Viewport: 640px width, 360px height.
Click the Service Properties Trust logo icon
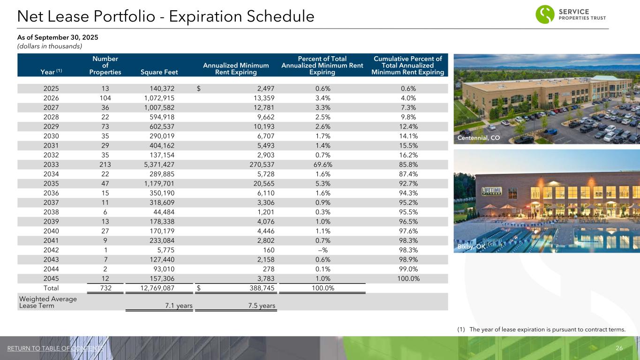click(x=545, y=14)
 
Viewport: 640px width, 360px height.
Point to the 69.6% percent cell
click(x=322, y=165)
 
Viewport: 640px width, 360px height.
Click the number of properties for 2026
click(x=105, y=98)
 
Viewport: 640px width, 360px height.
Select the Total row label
click(x=51, y=288)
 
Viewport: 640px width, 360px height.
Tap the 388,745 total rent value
click(x=259, y=288)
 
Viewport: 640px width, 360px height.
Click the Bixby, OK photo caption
click(x=470, y=247)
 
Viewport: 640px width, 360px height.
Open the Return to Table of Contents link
click(x=55, y=348)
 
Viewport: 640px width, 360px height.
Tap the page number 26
click(x=618, y=348)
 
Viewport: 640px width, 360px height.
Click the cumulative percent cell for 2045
click(x=407, y=279)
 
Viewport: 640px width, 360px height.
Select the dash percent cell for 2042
click(x=322, y=250)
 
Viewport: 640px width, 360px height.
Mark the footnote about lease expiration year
click(x=541, y=330)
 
